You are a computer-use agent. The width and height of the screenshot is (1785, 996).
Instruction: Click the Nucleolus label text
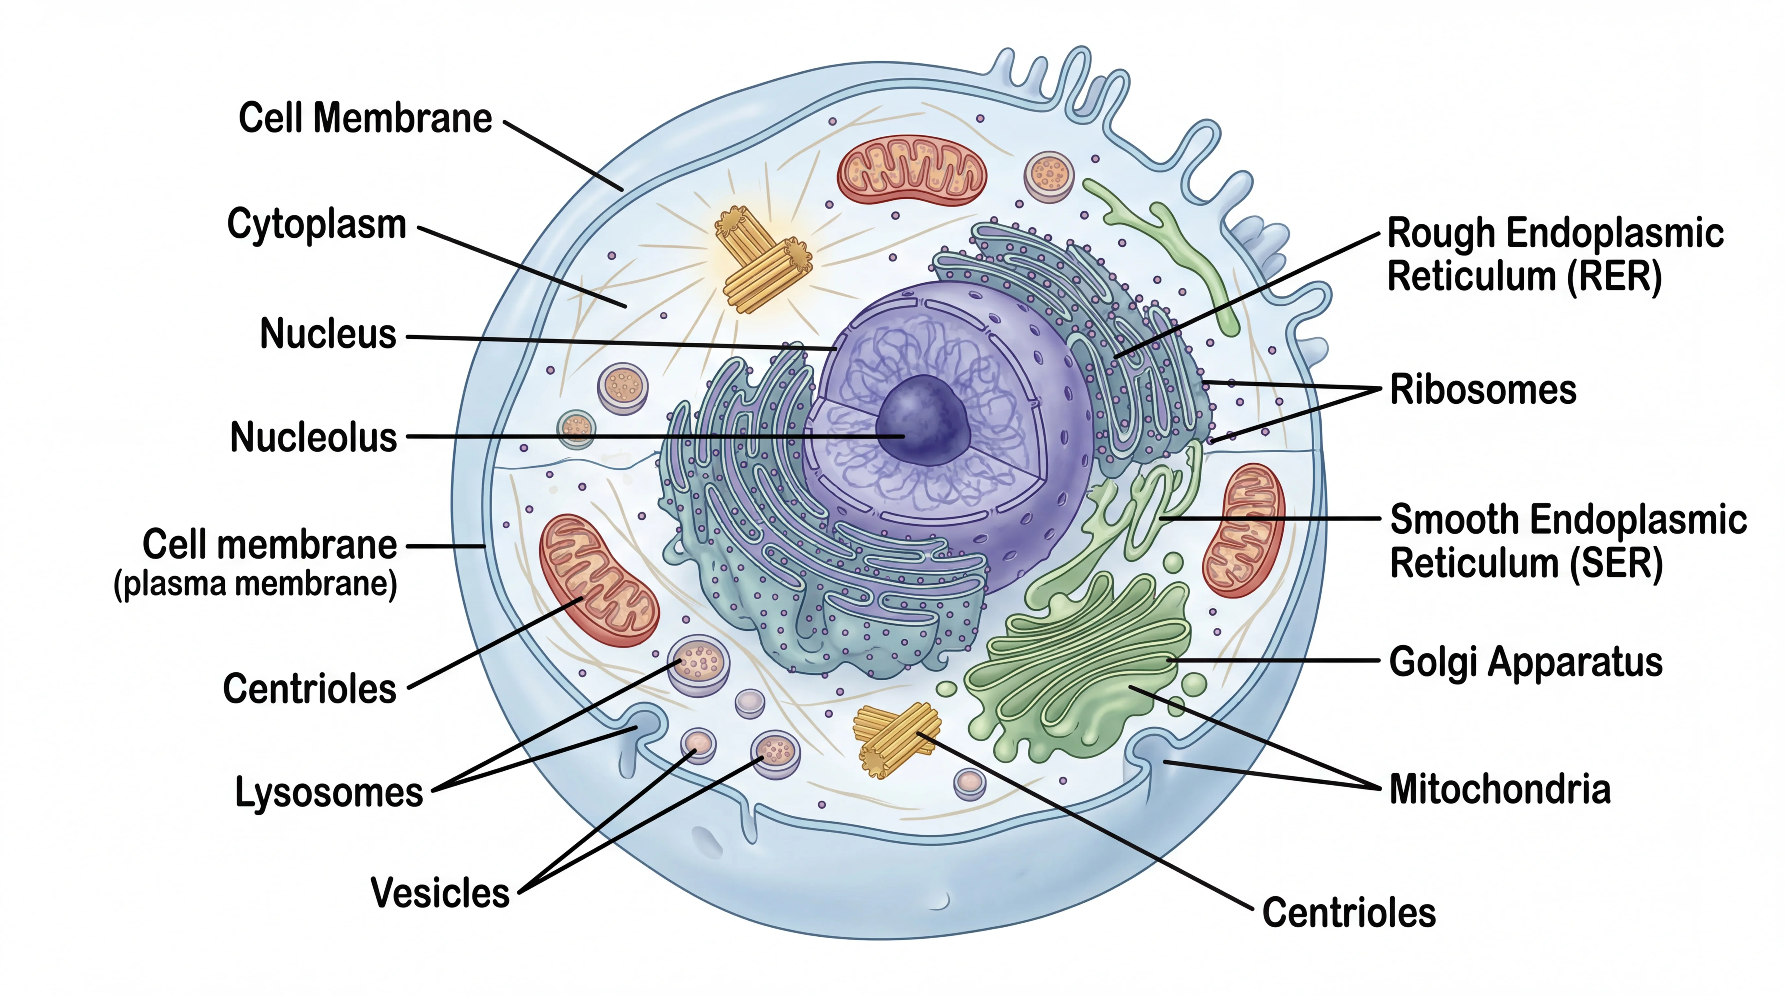click(313, 438)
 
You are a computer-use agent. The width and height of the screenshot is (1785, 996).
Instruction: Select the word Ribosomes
click(1483, 390)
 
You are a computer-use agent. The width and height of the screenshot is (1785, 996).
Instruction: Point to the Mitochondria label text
click(1500, 789)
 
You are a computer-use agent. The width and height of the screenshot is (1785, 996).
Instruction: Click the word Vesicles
click(440, 893)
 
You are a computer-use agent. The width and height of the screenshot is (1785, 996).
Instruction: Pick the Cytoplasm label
click(317, 225)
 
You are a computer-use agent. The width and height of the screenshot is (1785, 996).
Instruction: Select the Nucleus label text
click(328, 334)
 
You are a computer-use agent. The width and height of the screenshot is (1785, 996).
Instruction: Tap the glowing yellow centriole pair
click(762, 260)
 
